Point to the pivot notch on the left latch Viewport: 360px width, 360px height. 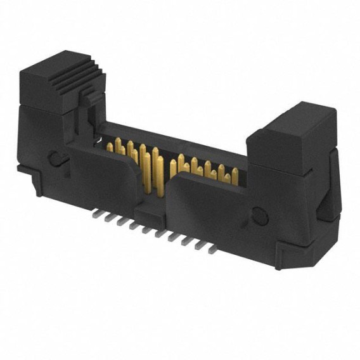[56, 158]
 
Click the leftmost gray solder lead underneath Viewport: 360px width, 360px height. [96, 216]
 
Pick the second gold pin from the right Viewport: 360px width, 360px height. [222, 172]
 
